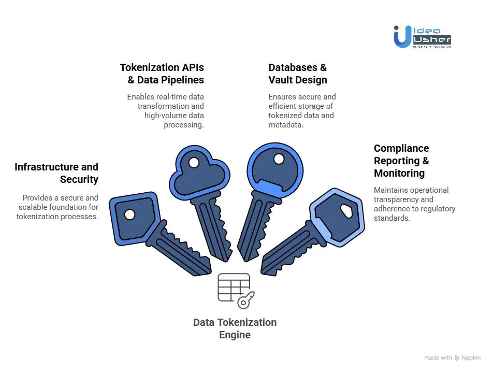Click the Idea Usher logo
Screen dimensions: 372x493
422,36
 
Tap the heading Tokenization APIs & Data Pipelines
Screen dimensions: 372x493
162,74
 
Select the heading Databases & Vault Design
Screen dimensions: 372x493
297,74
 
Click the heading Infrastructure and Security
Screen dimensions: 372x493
56,173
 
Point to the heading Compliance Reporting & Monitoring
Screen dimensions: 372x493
401,161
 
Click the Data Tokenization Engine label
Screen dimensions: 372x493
235,328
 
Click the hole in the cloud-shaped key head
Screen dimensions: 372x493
193,163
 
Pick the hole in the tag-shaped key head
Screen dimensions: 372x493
129,214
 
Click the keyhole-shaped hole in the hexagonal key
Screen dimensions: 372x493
346,209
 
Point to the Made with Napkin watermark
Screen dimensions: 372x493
452,358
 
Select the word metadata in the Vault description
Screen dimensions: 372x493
286,125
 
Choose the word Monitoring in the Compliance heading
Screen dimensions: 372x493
399,174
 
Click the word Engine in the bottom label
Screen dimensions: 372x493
235,335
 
